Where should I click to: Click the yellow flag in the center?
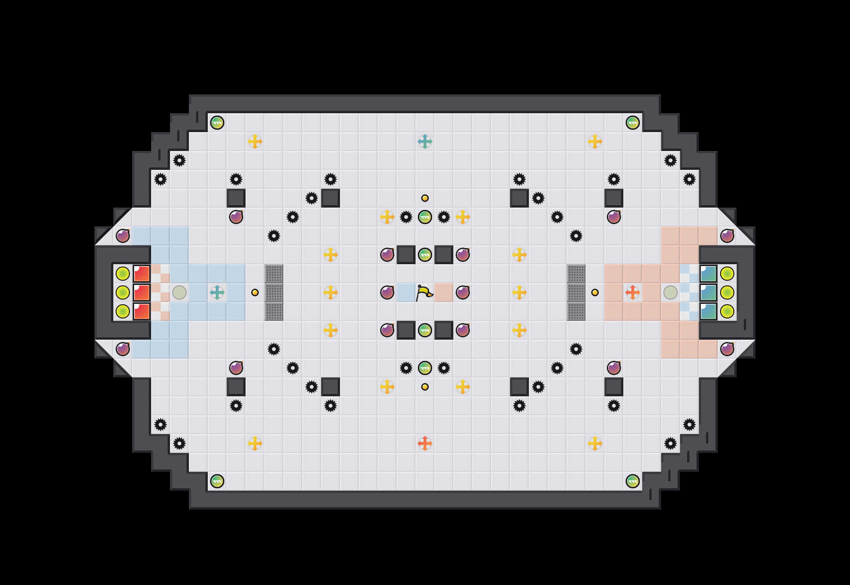click(424, 293)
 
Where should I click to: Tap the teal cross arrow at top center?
click(425, 142)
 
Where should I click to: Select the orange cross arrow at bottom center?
click(425, 443)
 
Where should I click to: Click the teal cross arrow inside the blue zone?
click(217, 292)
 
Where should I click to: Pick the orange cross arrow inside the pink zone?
click(633, 292)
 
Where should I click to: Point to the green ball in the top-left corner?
click(217, 123)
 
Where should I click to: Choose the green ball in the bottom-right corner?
click(633, 481)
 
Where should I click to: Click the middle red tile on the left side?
click(142, 292)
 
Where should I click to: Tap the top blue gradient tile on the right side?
click(708, 274)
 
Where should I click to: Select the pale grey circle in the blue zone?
click(179, 292)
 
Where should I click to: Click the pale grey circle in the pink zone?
click(671, 292)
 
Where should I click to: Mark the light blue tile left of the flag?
click(405, 292)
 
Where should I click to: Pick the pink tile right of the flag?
click(444, 292)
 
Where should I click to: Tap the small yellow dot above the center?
click(425, 198)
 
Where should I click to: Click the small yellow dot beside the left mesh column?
click(255, 292)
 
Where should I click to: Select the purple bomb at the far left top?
click(123, 236)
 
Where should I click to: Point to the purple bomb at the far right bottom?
click(727, 349)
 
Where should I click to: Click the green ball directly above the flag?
click(425, 255)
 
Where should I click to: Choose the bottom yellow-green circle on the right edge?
click(727, 311)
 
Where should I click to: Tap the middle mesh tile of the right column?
click(576, 292)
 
